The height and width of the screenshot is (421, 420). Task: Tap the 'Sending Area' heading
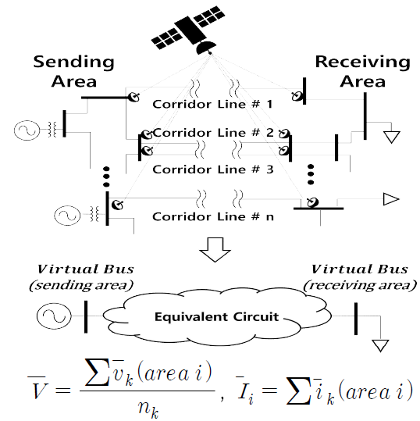[x=74, y=71]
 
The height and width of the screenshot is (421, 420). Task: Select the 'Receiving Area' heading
[x=362, y=71]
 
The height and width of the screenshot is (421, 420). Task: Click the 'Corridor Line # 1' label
[x=212, y=104]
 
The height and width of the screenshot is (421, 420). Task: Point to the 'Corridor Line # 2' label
[x=213, y=133]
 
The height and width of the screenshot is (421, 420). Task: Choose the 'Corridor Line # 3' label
[x=213, y=169]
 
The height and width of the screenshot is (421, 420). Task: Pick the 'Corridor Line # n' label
[x=213, y=216]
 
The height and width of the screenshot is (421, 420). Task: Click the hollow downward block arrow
[x=215, y=249]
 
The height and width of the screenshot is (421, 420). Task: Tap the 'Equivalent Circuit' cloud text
[x=216, y=317]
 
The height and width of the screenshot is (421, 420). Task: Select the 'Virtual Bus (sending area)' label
[x=82, y=277]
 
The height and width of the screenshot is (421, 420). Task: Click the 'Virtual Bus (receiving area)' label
[x=360, y=277]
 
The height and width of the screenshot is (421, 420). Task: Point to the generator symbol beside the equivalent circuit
[x=54, y=316]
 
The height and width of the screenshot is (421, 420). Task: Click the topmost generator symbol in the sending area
[x=27, y=130]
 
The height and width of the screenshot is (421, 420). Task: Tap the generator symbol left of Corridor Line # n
[x=67, y=216]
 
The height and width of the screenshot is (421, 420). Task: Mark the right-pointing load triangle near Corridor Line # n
[x=391, y=199]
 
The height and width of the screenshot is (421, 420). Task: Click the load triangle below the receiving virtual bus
[x=380, y=345]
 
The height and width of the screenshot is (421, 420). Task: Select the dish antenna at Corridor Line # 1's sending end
[x=133, y=97]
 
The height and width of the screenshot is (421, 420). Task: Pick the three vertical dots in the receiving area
[x=311, y=174]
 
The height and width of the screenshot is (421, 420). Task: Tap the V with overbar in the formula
[x=37, y=389]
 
